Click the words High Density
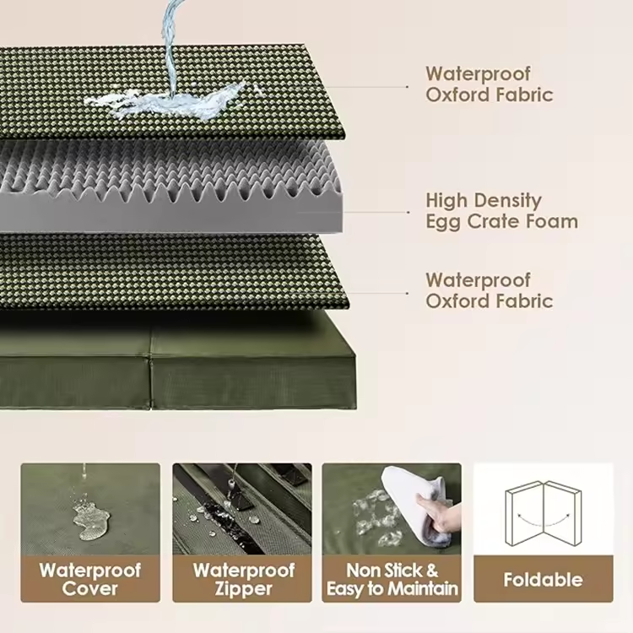[x=484, y=201]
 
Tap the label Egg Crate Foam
[x=502, y=222]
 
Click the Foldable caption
[x=543, y=580]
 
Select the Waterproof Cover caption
[x=90, y=579]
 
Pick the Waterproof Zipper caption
[x=243, y=579]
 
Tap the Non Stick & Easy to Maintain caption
[x=392, y=579]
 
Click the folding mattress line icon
[x=543, y=512]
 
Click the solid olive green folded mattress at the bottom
[x=177, y=360]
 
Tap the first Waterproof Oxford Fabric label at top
[x=489, y=84]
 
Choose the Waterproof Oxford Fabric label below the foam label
[x=489, y=290]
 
